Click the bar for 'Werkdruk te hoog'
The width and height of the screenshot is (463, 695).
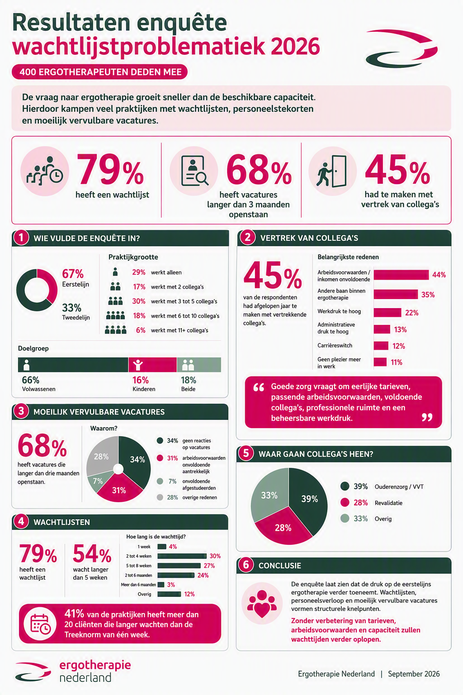(387, 313)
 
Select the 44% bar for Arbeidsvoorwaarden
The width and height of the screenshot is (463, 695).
(402, 275)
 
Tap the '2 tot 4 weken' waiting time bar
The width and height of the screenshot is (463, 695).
(182, 556)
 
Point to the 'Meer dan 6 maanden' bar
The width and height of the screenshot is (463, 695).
(161, 585)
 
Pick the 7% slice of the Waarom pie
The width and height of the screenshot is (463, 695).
(99, 481)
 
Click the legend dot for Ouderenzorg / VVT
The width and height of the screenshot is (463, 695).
(345, 486)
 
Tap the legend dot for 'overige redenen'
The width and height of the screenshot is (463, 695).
(160, 497)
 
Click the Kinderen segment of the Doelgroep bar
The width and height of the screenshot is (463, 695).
(152, 365)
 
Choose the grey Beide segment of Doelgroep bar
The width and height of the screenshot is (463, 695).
(199, 365)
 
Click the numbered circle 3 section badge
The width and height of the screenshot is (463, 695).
(21, 411)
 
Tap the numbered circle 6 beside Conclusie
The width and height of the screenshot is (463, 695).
(246, 565)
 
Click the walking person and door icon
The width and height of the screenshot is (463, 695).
(331, 171)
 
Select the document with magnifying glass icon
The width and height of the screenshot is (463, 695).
(194, 171)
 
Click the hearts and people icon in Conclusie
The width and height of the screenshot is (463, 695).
(262, 603)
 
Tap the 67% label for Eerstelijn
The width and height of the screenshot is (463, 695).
(73, 274)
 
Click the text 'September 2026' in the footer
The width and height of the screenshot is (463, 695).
(414, 674)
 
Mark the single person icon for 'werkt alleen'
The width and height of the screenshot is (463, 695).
(115, 272)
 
